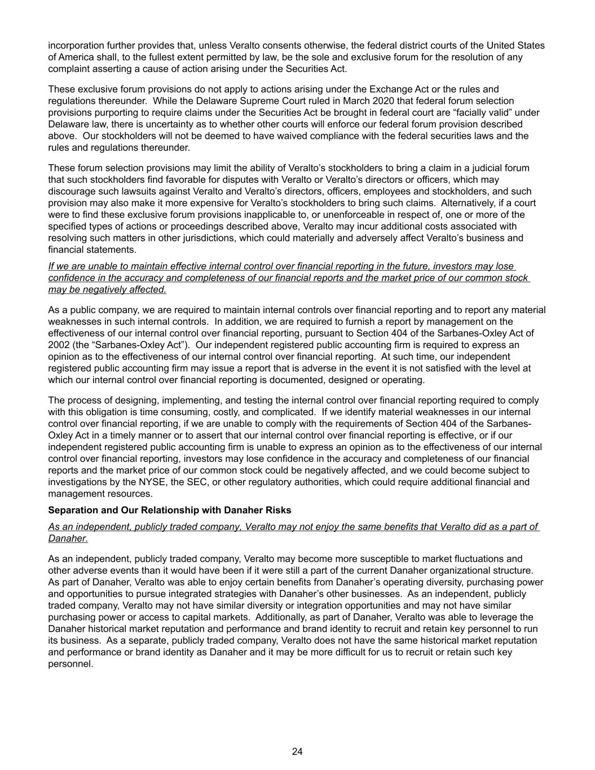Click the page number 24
pyautogui.click(x=297, y=751)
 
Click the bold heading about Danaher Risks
pyautogui.click(x=170, y=510)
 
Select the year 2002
pyautogui.click(x=59, y=345)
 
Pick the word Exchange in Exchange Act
pyautogui.click(x=390, y=89)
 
